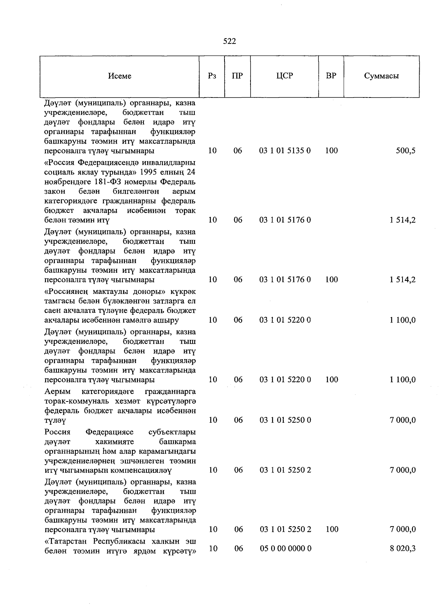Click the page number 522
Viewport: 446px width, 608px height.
click(229, 41)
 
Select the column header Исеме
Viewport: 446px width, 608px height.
click(120, 76)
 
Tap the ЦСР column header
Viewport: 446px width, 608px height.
click(285, 76)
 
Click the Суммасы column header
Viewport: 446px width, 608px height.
click(381, 76)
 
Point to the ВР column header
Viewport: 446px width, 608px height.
click(331, 76)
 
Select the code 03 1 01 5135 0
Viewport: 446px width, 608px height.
click(285, 151)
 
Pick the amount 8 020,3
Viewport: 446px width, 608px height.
click(403, 548)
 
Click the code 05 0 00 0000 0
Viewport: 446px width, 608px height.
click(285, 548)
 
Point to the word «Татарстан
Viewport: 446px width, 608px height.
click(67, 541)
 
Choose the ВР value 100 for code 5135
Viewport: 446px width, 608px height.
click(331, 151)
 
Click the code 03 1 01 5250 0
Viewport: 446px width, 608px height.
click(285, 420)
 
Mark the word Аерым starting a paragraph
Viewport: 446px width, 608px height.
click(57, 392)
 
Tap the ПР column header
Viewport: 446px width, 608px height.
click(237, 76)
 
